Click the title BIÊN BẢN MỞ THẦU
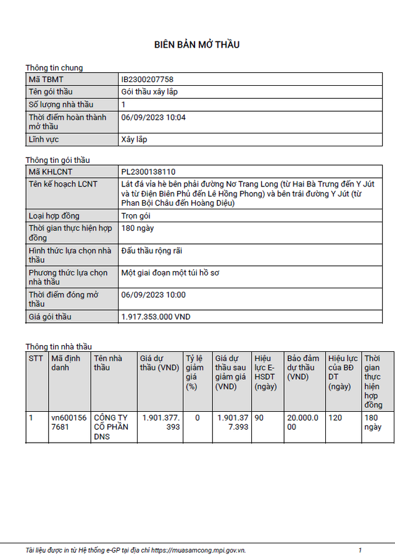pyautogui.click(x=197, y=44)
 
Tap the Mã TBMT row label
pyautogui.click(x=46, y=80)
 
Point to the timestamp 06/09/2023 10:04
pyautogui.click(x=153, y=117)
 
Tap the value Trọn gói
pyautogui.click(x=136, y=216)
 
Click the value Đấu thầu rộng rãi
pyautogui.click(x=152, y=251)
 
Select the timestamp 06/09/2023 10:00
pyautogui.click(x=153, y=295)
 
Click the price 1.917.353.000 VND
pyautogui.click(x=156, y=317)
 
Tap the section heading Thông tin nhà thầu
pyautogui.click(x=59, y=346)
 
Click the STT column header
pyautogui.click(x=36, y=358)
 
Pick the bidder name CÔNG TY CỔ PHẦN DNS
pyautogui.click(x=112, y=427)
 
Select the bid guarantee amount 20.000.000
pyautogui.click(x=304, y=422)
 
